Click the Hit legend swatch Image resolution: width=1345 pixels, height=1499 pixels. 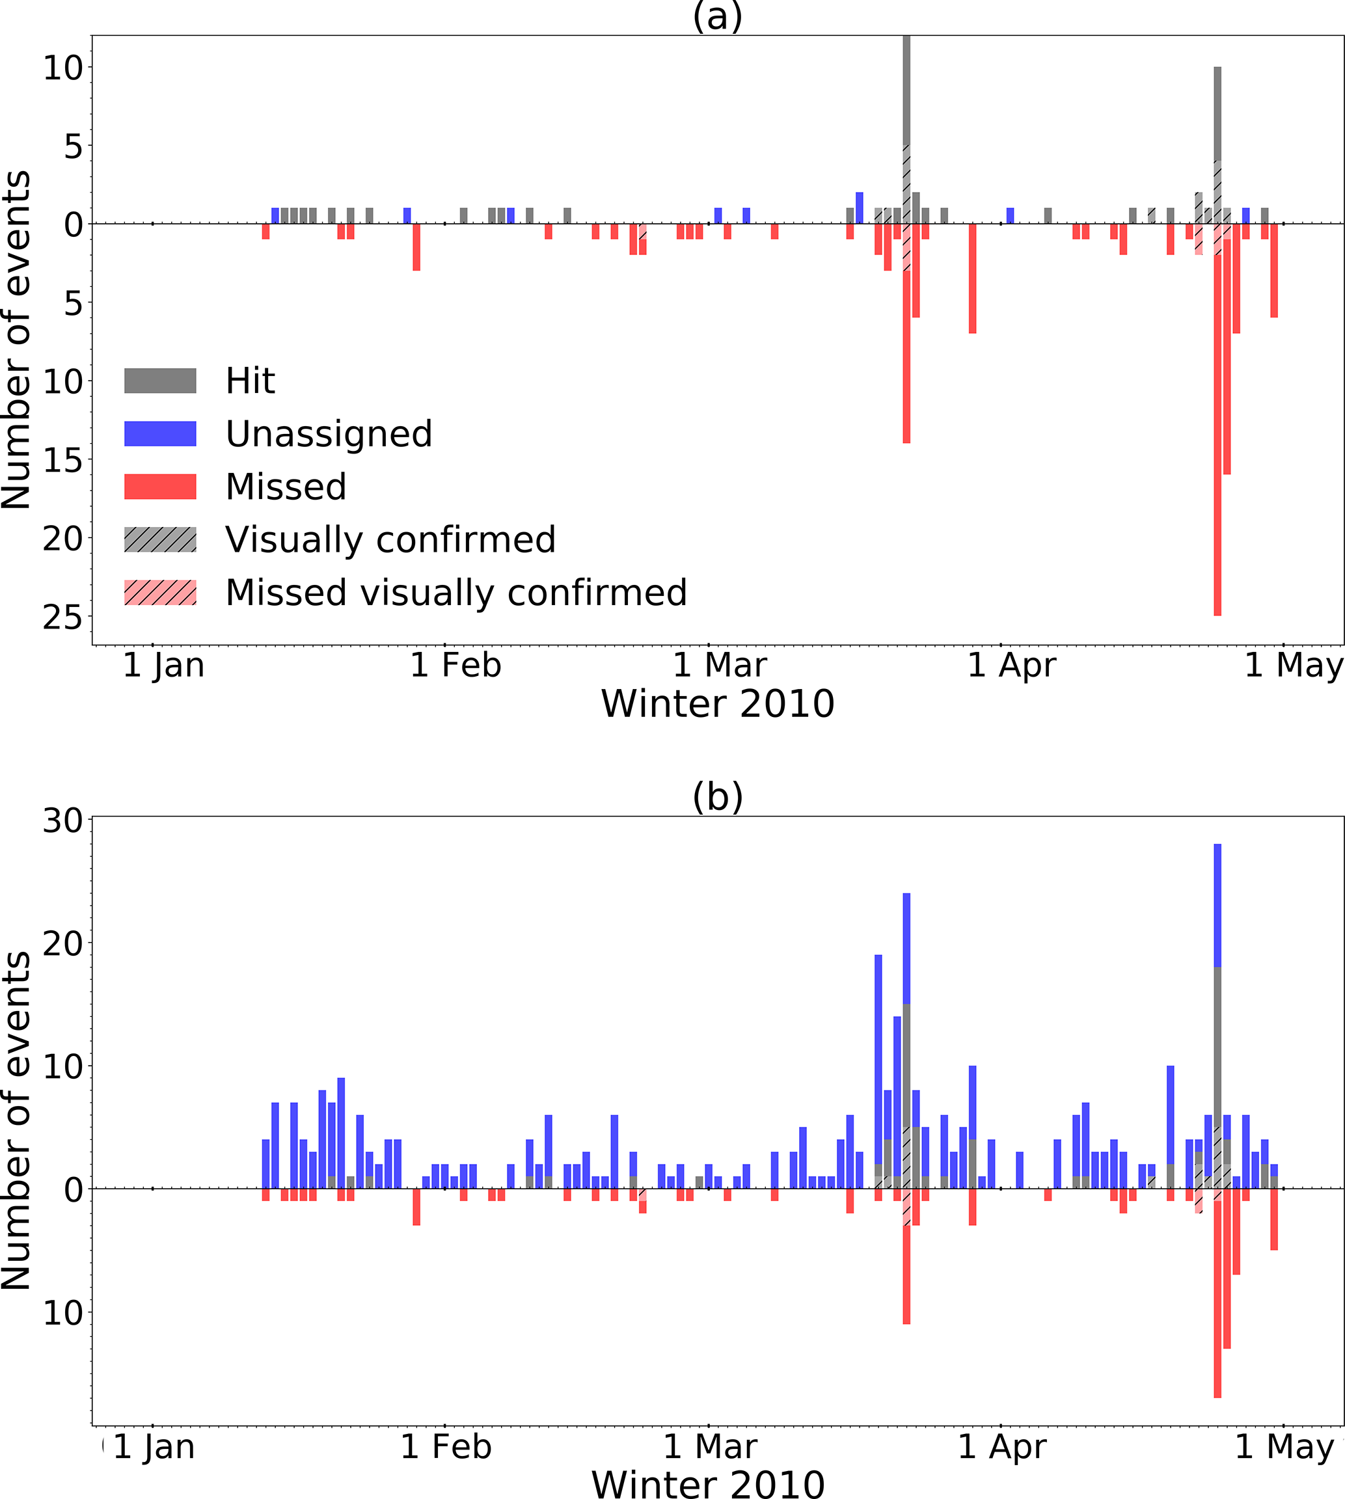click(159, 381)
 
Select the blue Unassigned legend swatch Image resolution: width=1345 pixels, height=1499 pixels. click(159, 434)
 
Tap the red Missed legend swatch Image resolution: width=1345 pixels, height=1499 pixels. click(159, 486)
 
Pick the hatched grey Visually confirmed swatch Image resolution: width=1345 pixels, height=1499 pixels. click(159, 539)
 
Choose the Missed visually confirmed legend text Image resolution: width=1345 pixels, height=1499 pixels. click(456, 593)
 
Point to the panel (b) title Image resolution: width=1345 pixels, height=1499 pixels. click(717, 796)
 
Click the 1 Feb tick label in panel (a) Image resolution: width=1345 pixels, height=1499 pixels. click(455, 666)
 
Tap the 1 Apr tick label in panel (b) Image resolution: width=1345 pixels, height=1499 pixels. click(1001, 1446)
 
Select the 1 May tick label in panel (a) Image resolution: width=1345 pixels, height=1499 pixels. click(1294, 666)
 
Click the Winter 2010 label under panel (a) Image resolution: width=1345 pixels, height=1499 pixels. click(717, 703)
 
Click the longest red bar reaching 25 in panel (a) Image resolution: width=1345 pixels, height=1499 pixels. click(1217, 443)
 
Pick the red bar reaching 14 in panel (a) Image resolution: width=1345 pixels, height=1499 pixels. click(906, 355)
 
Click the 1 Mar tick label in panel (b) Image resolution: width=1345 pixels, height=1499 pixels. click(709, 1446)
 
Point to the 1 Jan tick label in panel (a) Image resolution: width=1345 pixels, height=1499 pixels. click(163, 666)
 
